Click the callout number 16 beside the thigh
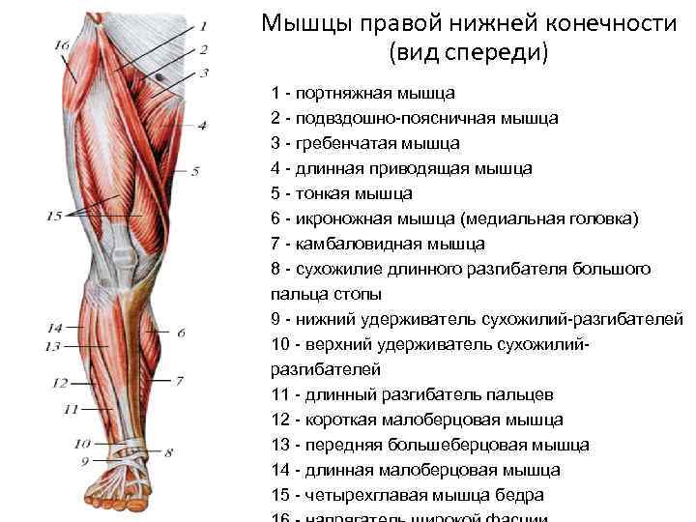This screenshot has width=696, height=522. coord(62,45)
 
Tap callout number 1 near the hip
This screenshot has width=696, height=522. coord(203,28)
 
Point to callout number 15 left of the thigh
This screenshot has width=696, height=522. coord(54,216)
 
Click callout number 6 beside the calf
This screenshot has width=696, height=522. coord(181,333)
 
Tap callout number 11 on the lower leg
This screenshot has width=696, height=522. coord(70,409)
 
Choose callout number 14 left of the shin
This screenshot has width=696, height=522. coord(54,328)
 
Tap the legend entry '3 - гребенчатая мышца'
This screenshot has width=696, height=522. coord(366,144)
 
